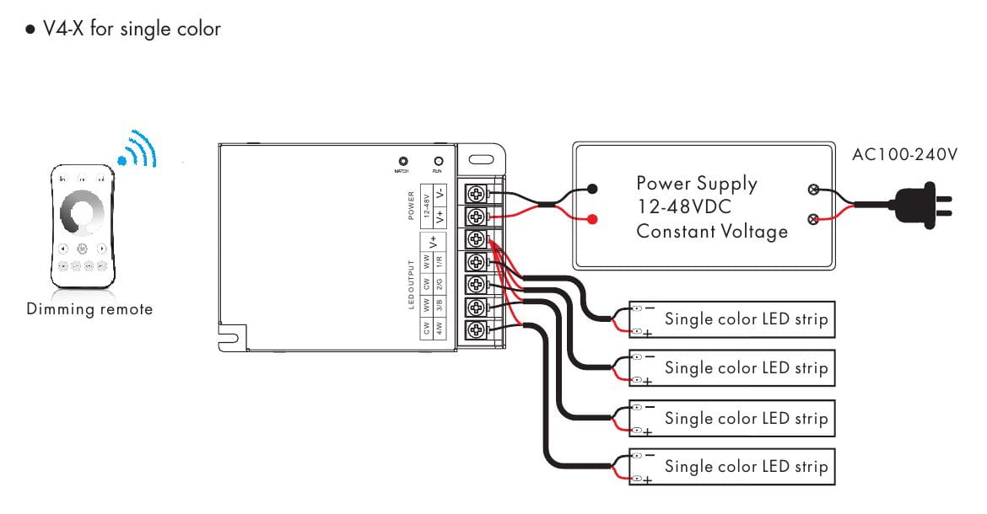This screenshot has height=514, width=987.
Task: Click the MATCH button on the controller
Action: [x=403, y=160]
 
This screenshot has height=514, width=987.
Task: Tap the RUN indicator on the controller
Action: [x=438, y=160]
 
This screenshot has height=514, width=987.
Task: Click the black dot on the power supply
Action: [x=593, y=189]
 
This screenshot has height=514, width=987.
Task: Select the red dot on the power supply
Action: [x=593, y=220]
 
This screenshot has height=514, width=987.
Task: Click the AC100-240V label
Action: [x=905, y=155]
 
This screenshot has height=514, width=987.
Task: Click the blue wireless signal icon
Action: [x=138, y=151]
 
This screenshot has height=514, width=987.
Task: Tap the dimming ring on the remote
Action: [x=83, y=211]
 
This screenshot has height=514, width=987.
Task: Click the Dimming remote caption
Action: [x=89, y=309]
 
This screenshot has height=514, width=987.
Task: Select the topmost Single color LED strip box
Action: [x=731, y=319]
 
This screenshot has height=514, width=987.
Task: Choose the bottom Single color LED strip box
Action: [x=731, y=466]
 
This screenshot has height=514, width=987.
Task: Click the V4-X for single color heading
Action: [x=124, y=29]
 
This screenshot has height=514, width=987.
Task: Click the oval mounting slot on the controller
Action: [x=482, y=159]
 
